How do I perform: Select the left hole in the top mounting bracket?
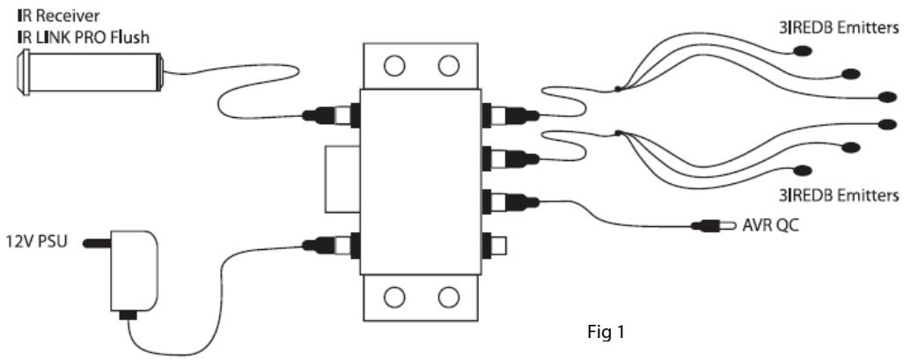click(394, 66)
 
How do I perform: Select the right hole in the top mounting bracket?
click(449, 66)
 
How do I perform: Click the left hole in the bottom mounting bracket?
click(394, 295)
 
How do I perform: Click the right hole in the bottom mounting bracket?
click(449, 295)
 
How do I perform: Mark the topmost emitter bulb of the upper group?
click(804, 50)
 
